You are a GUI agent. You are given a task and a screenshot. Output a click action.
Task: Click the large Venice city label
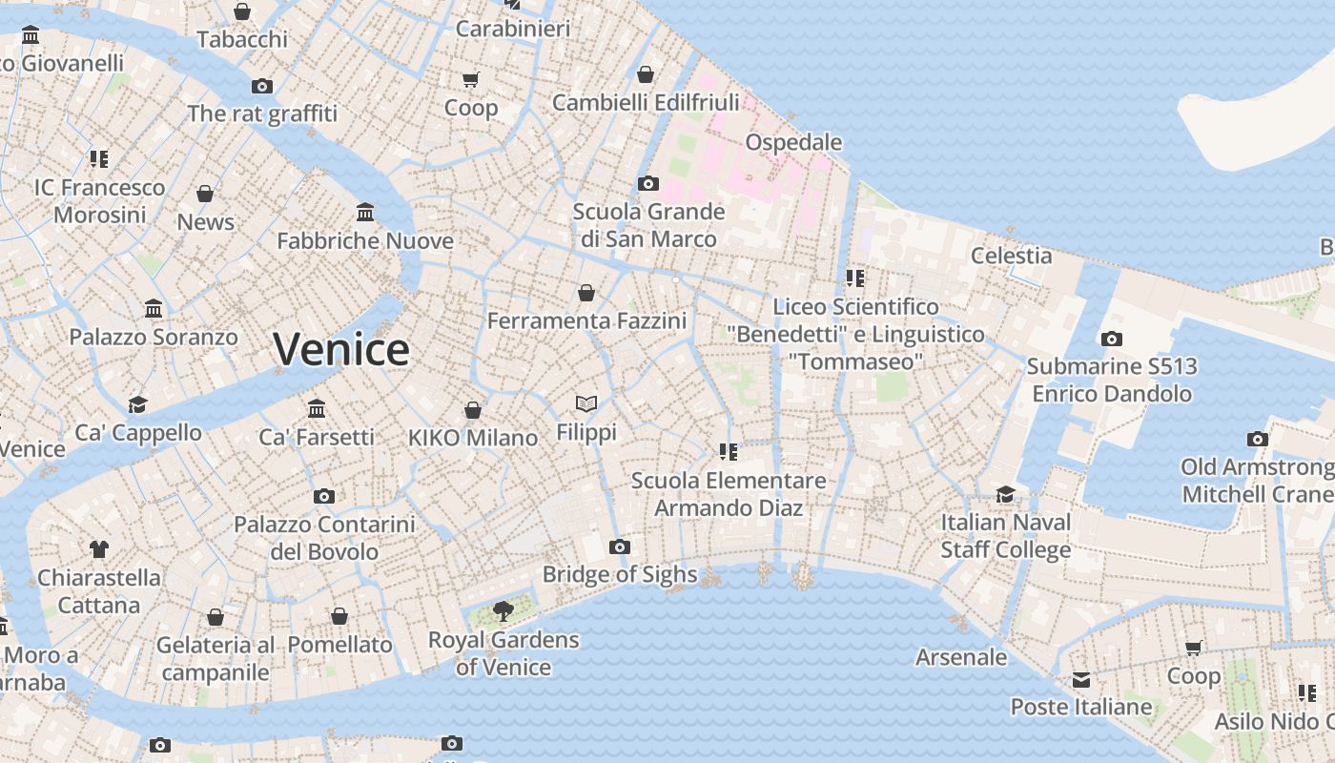(x=341, y=349)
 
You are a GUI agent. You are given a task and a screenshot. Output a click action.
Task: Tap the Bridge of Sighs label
(x=620, y=574)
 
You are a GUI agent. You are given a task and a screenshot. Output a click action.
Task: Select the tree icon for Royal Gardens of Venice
(x=503, y=610)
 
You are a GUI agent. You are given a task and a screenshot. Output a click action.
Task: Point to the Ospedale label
(x=793, y=142)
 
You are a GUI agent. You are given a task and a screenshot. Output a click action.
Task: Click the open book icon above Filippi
(x=586, y=404)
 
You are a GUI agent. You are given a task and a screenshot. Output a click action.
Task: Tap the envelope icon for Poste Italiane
(x=1080, y=680)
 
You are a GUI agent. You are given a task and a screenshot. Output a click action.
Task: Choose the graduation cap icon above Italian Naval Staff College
(x=1005, y=494)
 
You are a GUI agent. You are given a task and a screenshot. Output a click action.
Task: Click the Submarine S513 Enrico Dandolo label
(x=1112, y=380)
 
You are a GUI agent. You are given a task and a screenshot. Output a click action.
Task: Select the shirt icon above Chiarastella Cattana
(x=99, y=548)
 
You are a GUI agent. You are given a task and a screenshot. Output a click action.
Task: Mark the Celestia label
(x=1011, y=256)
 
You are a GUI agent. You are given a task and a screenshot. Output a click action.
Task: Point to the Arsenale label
(x=961, y=657)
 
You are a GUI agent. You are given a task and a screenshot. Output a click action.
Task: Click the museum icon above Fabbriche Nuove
(x=365, y=212)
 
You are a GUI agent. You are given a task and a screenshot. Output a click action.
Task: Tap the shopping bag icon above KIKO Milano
(x=472, y=410)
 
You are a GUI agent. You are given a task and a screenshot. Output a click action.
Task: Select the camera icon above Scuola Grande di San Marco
(x=648, y=183)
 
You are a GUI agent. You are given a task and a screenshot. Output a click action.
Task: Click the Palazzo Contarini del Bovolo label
(x=324, y=538)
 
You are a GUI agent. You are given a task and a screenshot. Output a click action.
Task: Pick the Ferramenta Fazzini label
(x=586, y=321)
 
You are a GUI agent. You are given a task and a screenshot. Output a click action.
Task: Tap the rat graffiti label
(x=262, y=113)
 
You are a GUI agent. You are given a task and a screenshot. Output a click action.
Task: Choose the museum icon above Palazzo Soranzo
(x=154, y=309)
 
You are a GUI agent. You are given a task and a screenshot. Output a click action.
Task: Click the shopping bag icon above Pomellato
(x=339, y=617)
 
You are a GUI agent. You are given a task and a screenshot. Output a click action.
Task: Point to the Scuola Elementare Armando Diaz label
(x=729, y=494)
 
